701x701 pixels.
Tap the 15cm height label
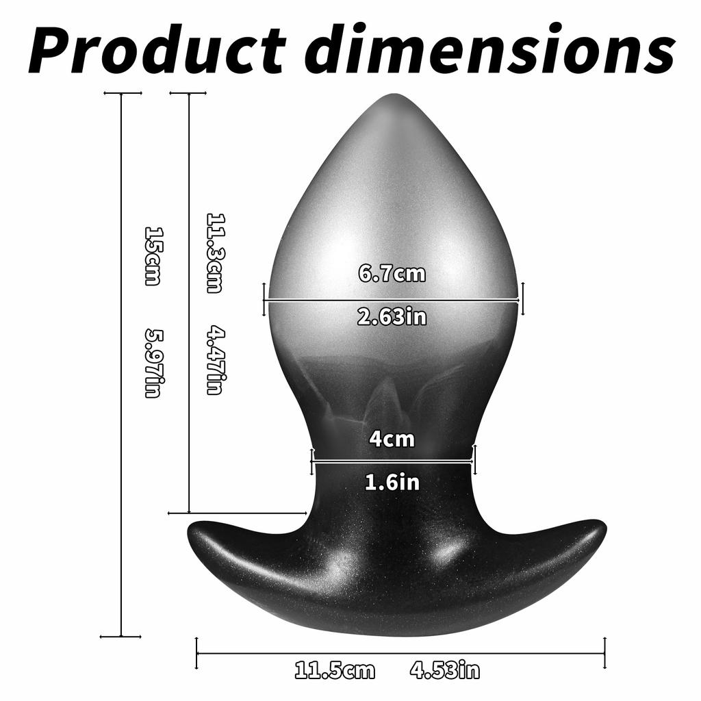click(153, 255)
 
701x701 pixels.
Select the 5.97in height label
click(153, 363)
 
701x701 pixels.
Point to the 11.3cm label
click(215, 253)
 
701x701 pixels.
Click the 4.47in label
click(215, 360)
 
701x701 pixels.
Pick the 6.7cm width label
click(392, 274)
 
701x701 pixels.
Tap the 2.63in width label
click(392, 317)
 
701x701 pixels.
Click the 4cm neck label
click(392, 439)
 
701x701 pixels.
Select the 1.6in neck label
click(392, 483)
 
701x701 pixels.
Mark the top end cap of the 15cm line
click(121, 92)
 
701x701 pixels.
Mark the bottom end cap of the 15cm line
click(121, 637)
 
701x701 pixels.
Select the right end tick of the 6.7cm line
click(522, 299)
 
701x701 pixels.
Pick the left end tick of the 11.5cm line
click(197, 653)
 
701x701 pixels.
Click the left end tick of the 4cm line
click(312, 460)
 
